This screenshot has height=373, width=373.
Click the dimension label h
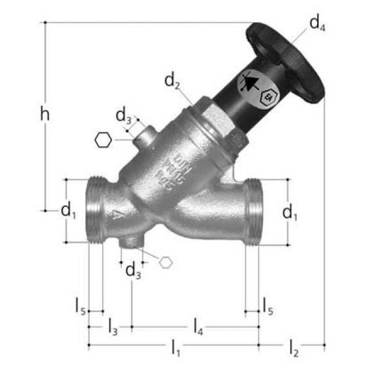(44, 114)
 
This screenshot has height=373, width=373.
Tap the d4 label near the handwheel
(318, 24)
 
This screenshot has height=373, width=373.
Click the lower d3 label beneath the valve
(133, 270)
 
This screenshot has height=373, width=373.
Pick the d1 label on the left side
(69, 212)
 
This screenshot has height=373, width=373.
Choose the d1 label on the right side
(290, 213)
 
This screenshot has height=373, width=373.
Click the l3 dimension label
(112, 327)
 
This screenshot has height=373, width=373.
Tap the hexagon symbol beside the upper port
(103, 140)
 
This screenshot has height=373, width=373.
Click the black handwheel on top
(286, 61)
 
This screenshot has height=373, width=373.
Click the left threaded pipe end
(96, 210)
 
